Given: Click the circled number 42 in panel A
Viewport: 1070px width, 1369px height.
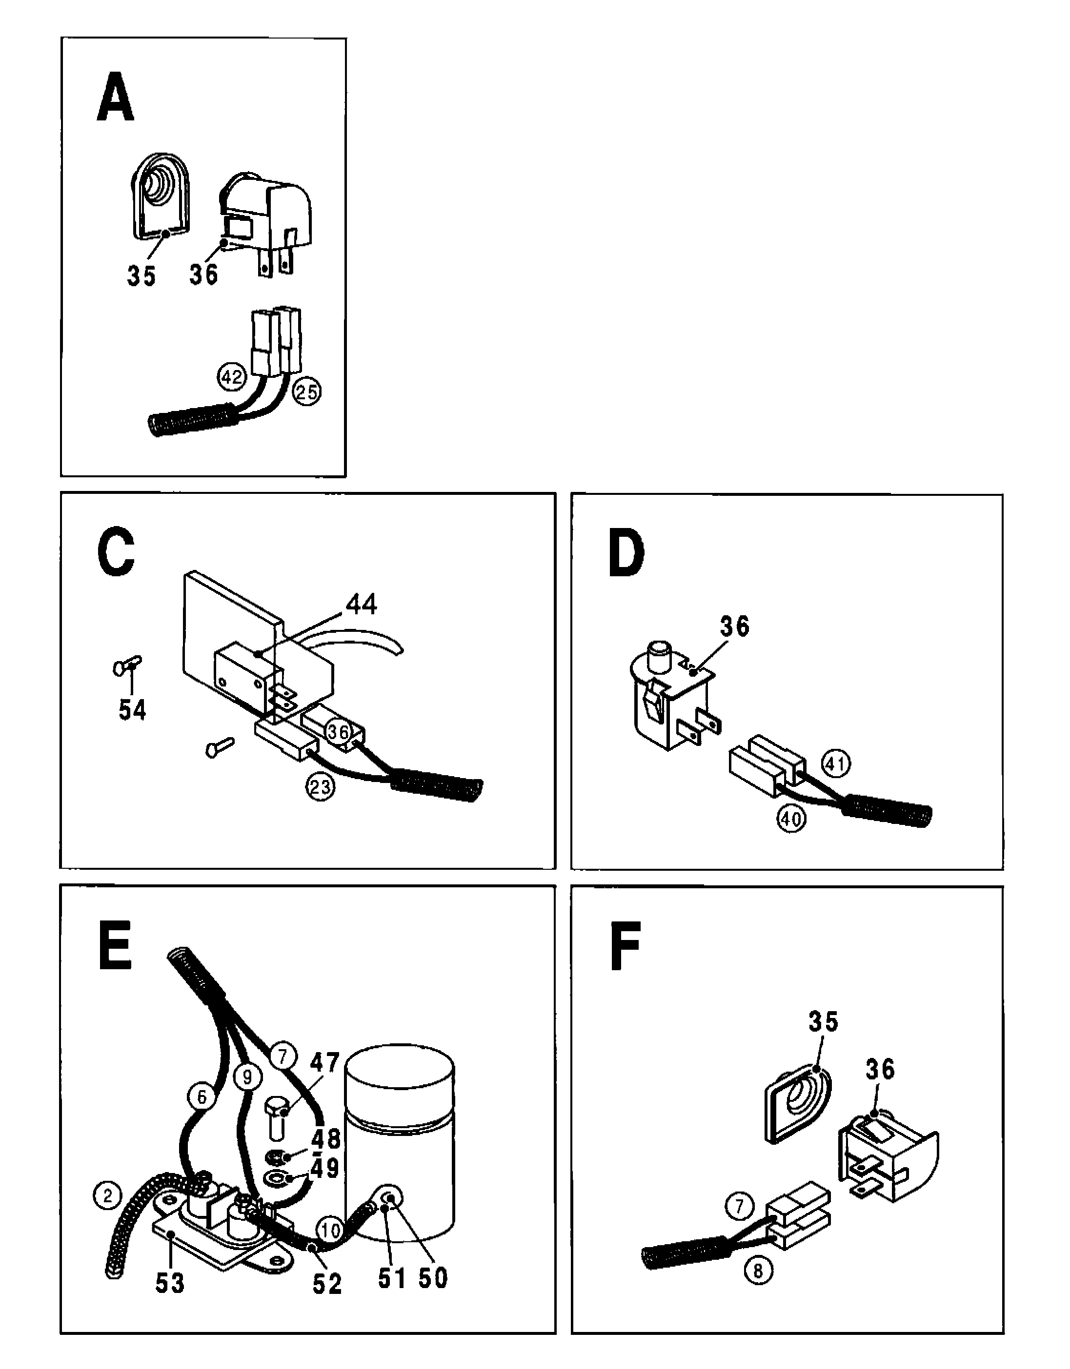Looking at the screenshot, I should click(231, 377).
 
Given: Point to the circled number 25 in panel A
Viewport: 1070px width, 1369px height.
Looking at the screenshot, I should click(307, 392).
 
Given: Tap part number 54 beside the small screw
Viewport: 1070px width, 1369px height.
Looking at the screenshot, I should click(132, 710).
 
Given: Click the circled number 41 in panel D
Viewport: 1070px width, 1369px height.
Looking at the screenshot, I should click(835, 763).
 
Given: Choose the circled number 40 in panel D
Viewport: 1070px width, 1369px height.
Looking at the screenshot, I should click(791, 818).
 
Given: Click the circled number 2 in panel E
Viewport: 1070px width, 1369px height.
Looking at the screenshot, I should click(107, 1195).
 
